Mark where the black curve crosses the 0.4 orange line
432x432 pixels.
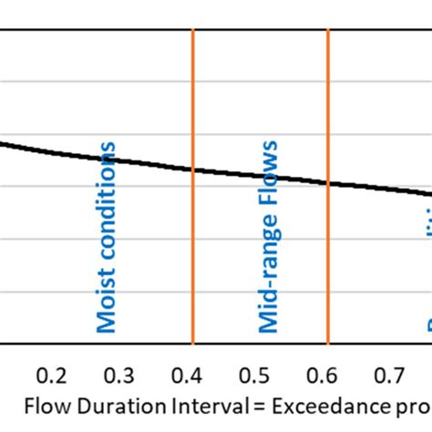192,169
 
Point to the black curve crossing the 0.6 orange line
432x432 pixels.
327,183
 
